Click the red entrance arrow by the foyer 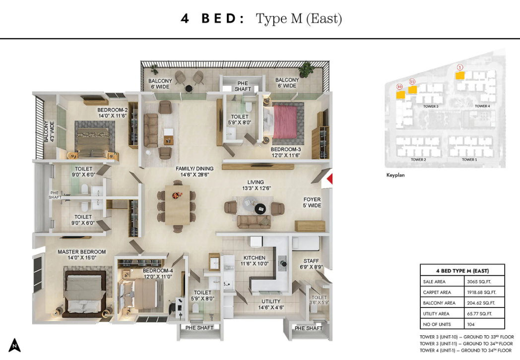pos(330,179)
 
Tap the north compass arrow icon pos(14,345)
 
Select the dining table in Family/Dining pos(177,205)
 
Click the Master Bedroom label pos(81,254)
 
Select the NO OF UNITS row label pos(437,324)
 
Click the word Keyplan pos(395,175)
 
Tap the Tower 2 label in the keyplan pos(418,160)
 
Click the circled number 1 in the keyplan pos(459,67)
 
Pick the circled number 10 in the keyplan pos(399,86)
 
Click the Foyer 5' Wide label pos(312,202)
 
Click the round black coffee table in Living pos(260,208)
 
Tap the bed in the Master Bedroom pos(84,294)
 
